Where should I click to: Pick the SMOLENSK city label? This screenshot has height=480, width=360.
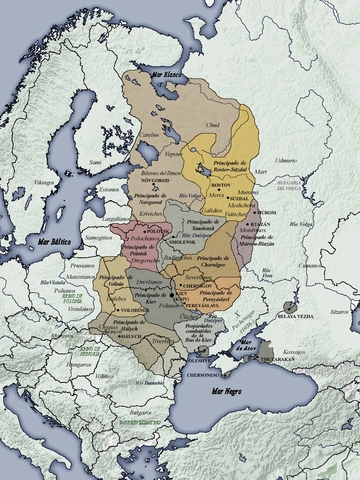(x=179, y=242)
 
